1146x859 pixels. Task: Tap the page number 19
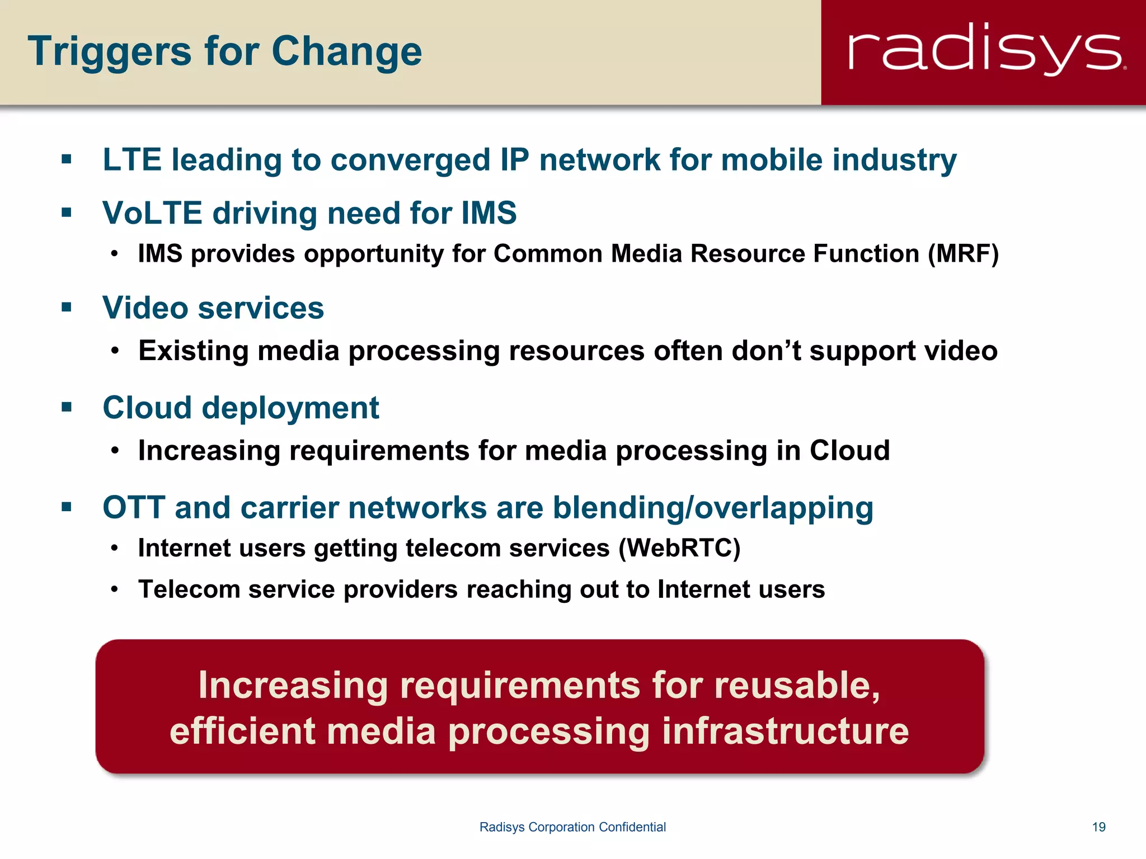tap(1098, 827)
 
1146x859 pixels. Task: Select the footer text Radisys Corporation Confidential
tap(572, 827)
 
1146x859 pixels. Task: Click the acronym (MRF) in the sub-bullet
tap(963, 254)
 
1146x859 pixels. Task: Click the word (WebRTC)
tap(679, 548)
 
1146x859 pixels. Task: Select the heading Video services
tap(213, 308)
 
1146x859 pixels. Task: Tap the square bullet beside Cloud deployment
tap(67, 407)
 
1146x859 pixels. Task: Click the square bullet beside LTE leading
tap(67, 159)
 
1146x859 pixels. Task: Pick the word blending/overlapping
tap(713, 508)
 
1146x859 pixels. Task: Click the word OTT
tap(134, 508)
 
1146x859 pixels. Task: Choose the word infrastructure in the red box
tap(785, 731)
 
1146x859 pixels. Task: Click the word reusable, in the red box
tap(797, 686)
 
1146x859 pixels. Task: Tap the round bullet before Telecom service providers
tap(115, 589)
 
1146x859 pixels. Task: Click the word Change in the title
tap(346, 52)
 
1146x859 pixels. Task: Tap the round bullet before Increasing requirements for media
tap(115, 451)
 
